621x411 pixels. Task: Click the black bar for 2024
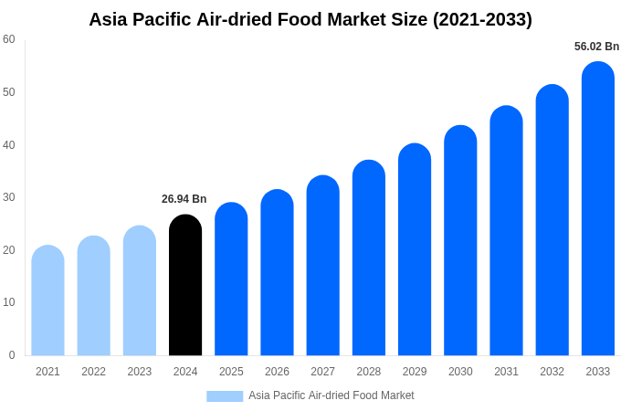coord(185,286)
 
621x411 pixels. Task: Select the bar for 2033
coord(597,209)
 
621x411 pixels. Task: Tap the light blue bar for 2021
coord(47,301)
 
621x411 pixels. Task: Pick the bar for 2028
coord(369,258)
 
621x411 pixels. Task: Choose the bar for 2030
coord(460,241)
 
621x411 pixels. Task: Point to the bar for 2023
coord(140,291)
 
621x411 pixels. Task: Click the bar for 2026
coord(277,273)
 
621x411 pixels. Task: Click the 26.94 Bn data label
coord(184,199)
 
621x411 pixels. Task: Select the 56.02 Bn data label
coord(596,47)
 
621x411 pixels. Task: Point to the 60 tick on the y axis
coord(9,39)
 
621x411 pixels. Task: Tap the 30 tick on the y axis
coord(9,197)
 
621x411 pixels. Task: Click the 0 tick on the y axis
coord(12,355)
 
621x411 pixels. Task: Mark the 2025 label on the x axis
coord(231,372)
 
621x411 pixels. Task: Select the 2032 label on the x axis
coord(552,372)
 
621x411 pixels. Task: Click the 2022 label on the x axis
coord(93,372)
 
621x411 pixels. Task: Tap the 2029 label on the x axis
coord(415,372)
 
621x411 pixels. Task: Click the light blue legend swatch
coord(225,396)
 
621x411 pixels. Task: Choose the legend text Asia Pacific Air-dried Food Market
coord(331,395)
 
